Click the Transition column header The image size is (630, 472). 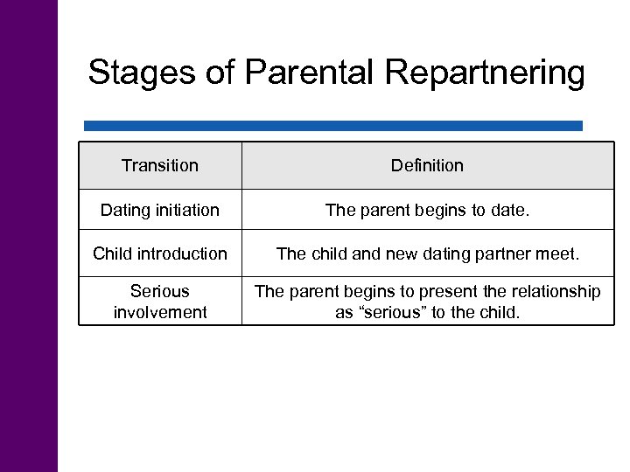pos(160,165)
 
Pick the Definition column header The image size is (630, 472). pos(427,165)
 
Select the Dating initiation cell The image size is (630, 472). pos(160,210)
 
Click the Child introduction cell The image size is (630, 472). pos(160,253)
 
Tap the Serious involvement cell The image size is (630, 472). pos(160,301)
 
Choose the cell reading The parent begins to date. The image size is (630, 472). pos(427,210)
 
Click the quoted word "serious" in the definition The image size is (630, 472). pos(388,312)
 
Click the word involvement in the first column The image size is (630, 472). pos(160,312)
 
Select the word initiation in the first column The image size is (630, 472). pos(185,210)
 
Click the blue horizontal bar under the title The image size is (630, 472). pos(332,126)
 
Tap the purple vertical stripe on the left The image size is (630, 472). pos(28,236)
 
